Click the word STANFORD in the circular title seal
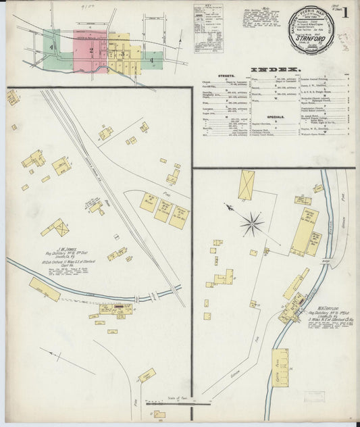click(309, 39)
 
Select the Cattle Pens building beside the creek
click(280, 367)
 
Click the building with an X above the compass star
click(246, 184)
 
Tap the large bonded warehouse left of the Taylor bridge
click(303, 232)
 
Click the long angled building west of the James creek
click(45, 289)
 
